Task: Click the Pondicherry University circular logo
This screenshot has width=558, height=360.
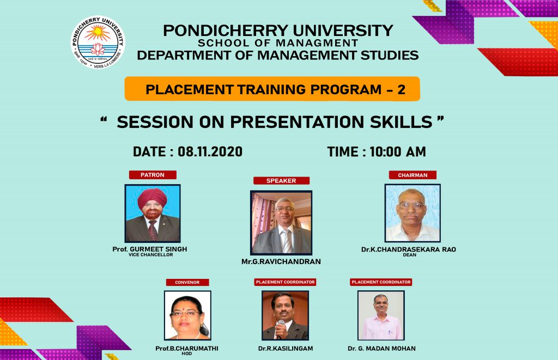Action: click(x=98, y=42)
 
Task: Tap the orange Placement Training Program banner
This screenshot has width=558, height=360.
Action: click(x=272, y=89)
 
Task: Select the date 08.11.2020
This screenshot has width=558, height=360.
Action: click(x=210, y=151)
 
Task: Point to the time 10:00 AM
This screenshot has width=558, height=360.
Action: click(x=397, y=152)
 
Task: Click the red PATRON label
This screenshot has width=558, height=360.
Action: click(x=153, y=175)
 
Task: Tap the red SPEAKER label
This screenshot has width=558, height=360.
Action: click(x=281, y=181)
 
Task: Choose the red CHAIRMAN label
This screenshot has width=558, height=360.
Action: click(x=413, y=175)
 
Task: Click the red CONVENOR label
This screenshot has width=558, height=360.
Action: click(x=187, y=282)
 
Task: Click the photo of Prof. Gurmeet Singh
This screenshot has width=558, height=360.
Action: click(x=153, y=213)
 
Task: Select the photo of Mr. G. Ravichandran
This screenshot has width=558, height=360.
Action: click(x=281, y=223)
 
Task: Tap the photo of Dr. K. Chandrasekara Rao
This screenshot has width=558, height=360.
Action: click(x=413, y=213)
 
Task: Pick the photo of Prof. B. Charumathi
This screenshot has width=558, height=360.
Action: click(x=187, y=315)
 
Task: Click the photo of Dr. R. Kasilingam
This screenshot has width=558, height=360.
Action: click(x=285, y=315)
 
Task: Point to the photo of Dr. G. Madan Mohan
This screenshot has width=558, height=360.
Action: click(x=381, y=315)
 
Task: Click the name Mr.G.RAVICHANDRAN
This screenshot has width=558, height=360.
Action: click(x=281, y=262)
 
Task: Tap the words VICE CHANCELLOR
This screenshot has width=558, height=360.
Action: click(x=151, y=255)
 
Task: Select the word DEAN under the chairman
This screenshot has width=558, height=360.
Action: click(x=410, y=255)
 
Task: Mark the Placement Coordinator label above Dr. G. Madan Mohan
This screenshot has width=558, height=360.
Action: click(x=381, y=282)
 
